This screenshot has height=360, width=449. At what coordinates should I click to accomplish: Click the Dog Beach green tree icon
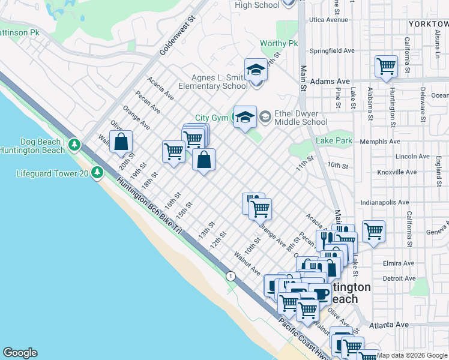(74, 144)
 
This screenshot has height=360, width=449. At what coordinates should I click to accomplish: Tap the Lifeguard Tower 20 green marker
(97, 173)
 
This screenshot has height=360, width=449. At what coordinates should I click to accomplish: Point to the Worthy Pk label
(279, 44)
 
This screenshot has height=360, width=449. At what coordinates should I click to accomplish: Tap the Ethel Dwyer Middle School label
(301, 118)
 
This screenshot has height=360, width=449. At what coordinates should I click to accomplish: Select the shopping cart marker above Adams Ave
(386, 67)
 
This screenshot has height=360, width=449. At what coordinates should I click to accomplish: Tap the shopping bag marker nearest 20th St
(121, 142)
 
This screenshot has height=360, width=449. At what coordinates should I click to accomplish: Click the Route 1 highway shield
(230, 276)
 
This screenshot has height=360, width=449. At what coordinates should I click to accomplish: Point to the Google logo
(20, 353)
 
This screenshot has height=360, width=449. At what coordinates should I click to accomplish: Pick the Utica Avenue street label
(328, 20)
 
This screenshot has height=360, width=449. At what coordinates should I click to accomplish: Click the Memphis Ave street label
(379, 142)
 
